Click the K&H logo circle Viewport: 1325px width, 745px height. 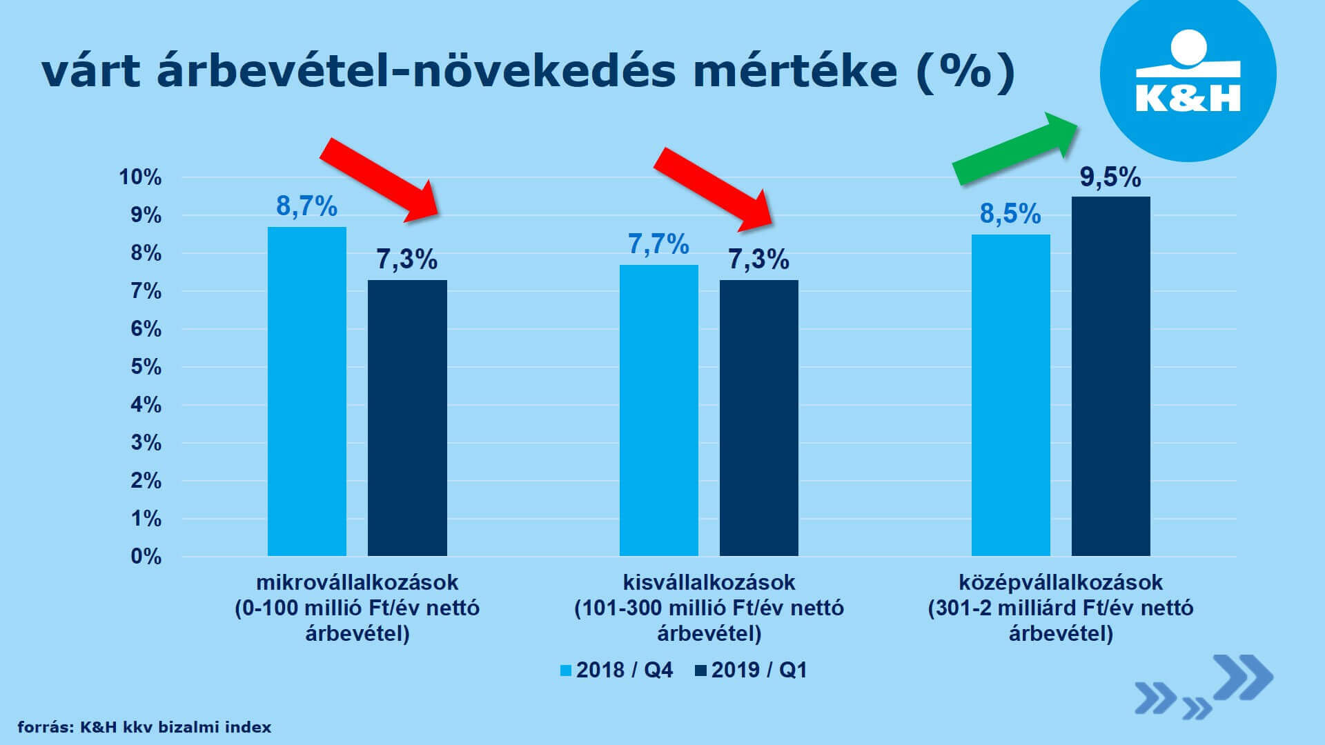[x=1188, y=74]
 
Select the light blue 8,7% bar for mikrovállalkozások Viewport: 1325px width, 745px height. [x=307, y=391]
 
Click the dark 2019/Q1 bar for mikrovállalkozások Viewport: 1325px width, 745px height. [x=407, y=417]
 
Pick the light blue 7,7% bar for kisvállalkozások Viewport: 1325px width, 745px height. [x=658, y=410]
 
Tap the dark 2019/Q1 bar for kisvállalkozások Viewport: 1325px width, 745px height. [x=758, y=417]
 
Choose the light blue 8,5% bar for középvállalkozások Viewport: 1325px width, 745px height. [x=1010, y=395]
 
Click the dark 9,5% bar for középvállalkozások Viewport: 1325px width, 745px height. [x=1110, y=376]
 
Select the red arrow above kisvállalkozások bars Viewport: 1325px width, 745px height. [x=714, y=188]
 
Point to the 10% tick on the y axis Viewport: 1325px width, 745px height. [x=140, y=177]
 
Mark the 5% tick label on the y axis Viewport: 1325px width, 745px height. [x=146, y=366]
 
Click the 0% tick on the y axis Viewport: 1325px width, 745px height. [x=146, y=556]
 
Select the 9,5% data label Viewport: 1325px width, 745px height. [x=1110, y=177]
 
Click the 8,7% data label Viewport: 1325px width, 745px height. [x=306, y=206]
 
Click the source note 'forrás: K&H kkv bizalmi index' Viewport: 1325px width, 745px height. [x=144, y=727]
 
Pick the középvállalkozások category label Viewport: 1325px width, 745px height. [x=1061, y=582]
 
